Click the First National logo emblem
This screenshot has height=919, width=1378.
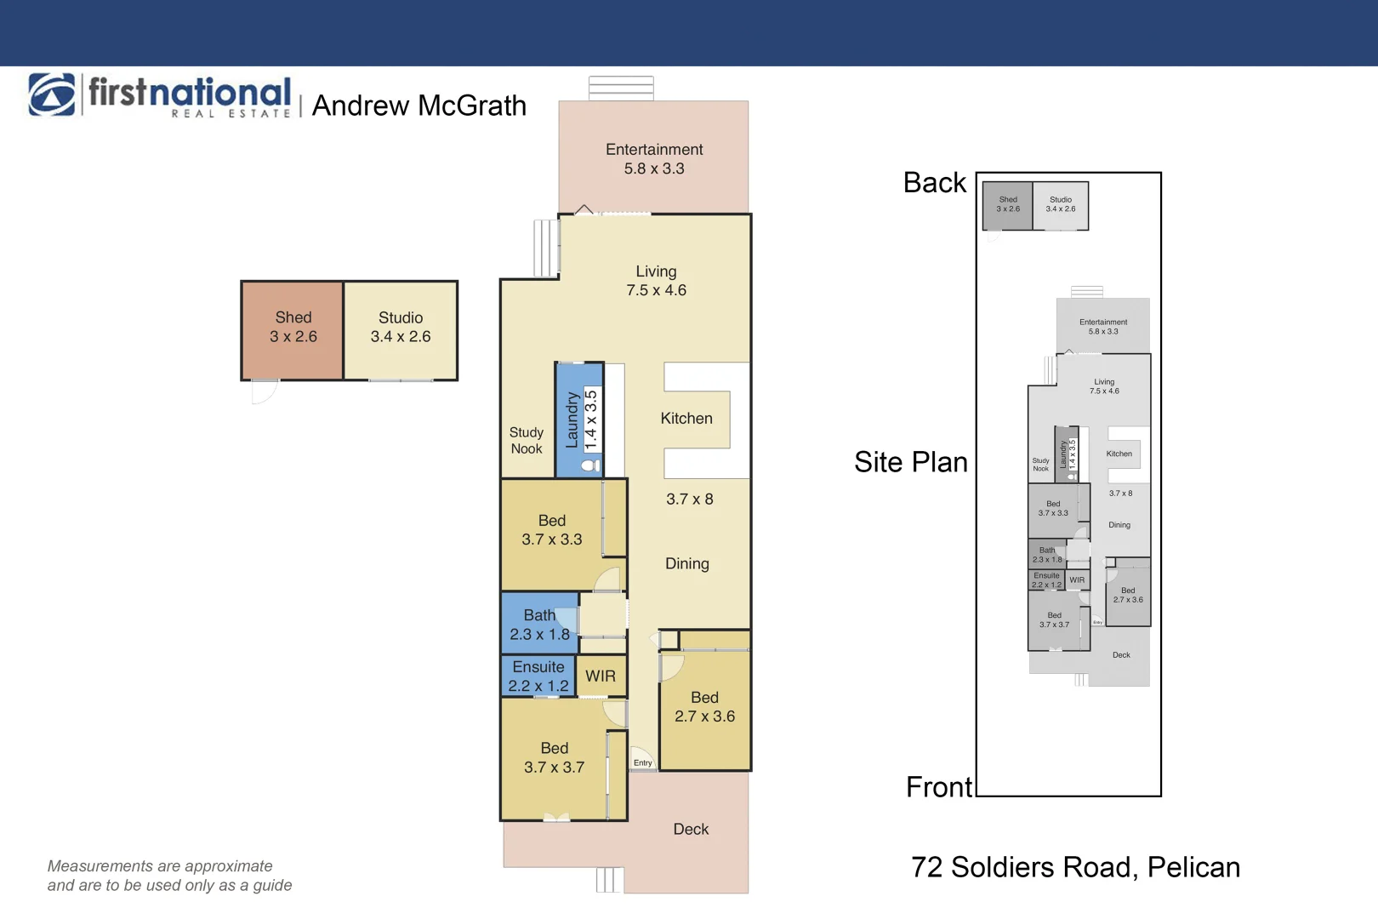[52, 94]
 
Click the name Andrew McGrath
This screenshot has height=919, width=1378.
[419, 106]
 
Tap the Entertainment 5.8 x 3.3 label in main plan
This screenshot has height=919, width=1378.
[654, 159]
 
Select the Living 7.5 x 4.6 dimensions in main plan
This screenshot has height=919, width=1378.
[656, 290]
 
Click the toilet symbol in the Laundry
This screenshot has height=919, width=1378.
[590, 465]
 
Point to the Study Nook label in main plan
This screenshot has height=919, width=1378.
[526, 441]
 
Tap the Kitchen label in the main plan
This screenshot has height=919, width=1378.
[686, 419]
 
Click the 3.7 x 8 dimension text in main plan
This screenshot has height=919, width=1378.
[689, 499]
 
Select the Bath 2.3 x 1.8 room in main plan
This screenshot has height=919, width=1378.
[539, 625]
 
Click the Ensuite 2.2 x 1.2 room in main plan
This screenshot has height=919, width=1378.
[538, 676]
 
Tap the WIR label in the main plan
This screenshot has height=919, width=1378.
[601, 676]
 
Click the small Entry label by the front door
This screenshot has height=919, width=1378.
[643, 762]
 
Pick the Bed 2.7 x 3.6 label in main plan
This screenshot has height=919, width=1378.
[704, 707]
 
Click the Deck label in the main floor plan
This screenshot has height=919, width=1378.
[691, 830]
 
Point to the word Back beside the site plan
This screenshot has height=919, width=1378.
[935, 183]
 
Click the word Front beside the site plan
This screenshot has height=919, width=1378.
[939, 787]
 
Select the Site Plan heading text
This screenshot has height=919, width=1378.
[911, 462]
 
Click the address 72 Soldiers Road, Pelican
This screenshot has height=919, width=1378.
[1075, 867]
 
